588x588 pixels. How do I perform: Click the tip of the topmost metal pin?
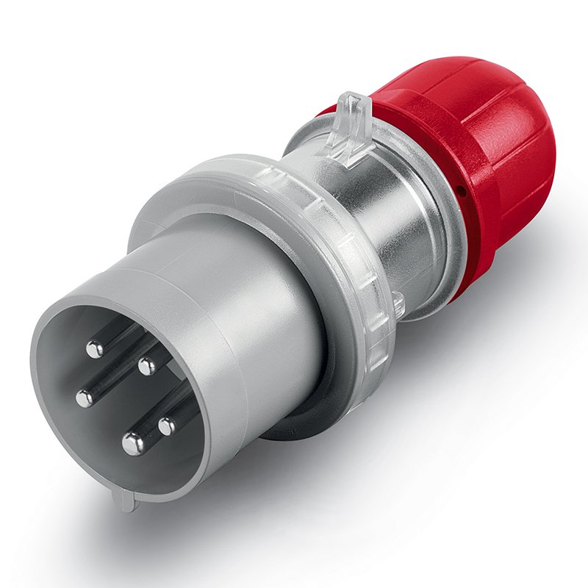tap(95, 349)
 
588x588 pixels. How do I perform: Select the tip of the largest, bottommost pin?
tap(133, 442)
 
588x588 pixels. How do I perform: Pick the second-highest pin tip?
tap(147, 365)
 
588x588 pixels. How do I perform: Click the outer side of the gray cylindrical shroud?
tap(250, 309)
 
